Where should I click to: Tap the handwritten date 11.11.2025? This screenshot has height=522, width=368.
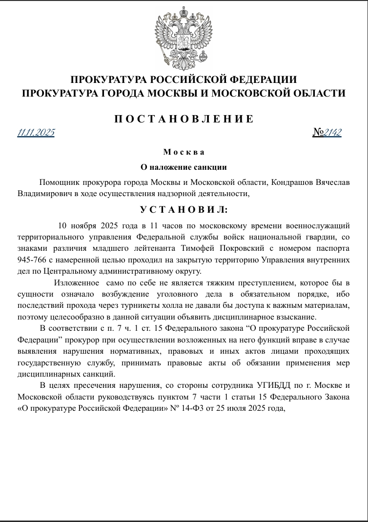[36, 133]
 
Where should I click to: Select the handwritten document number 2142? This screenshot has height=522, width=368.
[333, 132]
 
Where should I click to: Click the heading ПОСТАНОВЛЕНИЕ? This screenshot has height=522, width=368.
[184, 119]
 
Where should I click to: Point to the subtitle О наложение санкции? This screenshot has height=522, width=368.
[184, 167]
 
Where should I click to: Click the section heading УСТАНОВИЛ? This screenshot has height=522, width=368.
[184, 210]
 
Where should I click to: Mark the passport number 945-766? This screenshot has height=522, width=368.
[31, 260]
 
